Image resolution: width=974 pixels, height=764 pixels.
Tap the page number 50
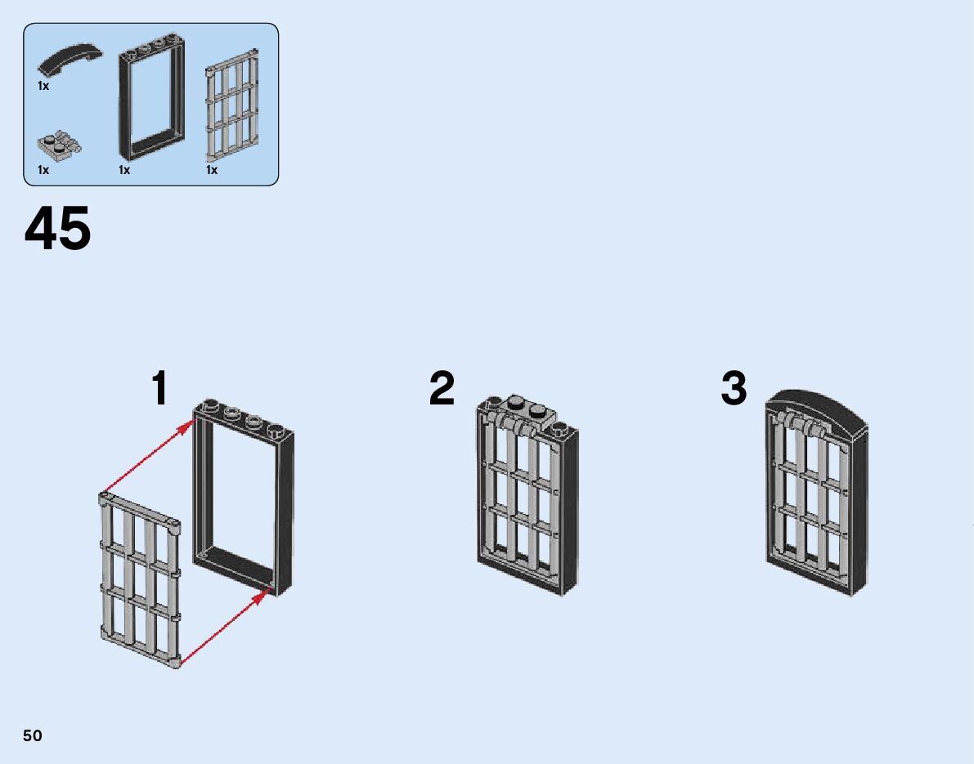(33, 735)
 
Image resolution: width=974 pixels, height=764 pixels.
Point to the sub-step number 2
(442, 389)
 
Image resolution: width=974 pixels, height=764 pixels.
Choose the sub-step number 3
(734, 389)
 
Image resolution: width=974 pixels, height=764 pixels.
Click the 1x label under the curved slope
(43, 85)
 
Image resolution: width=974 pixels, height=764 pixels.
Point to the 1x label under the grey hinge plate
(43, 170)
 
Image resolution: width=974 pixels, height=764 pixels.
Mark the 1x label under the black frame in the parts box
(124, 170)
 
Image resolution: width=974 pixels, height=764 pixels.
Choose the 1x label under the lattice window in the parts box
(212, 170)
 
